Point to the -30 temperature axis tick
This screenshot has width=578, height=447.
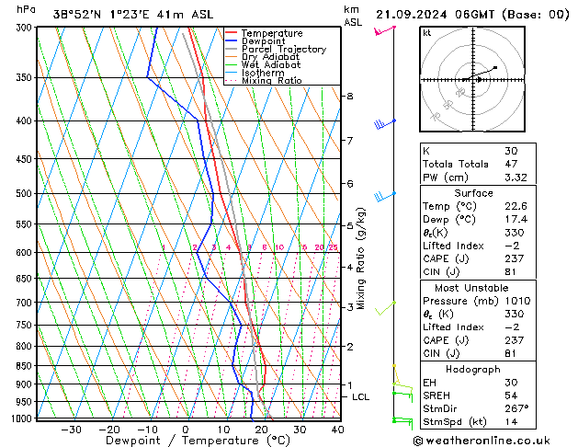point(71,429)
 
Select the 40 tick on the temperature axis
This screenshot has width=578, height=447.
point(337,429)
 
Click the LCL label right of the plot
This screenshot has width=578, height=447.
point(361,396)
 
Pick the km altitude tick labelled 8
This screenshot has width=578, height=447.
point(349,97)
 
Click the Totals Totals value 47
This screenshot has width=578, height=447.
point(511,164)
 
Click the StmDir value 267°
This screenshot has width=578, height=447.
point(516,408)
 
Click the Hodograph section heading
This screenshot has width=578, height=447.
point(473,369)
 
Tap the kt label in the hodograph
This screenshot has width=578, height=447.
point(427,33)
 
